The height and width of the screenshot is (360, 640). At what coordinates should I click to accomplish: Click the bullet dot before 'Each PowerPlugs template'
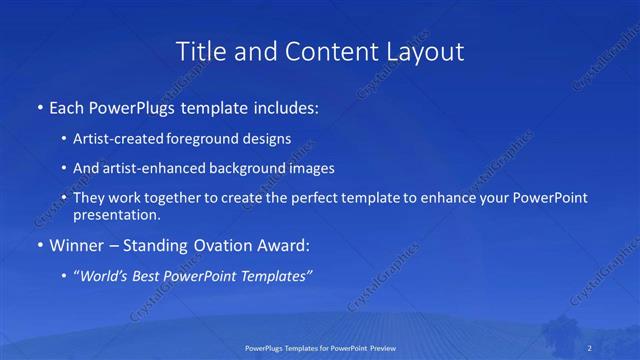tap(39, 106)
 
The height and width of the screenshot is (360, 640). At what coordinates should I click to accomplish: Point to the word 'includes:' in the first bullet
tap(285, 106)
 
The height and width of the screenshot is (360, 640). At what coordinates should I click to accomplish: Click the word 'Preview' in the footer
tap(380, 347)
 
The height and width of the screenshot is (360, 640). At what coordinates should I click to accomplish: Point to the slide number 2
tap(592, 347)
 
